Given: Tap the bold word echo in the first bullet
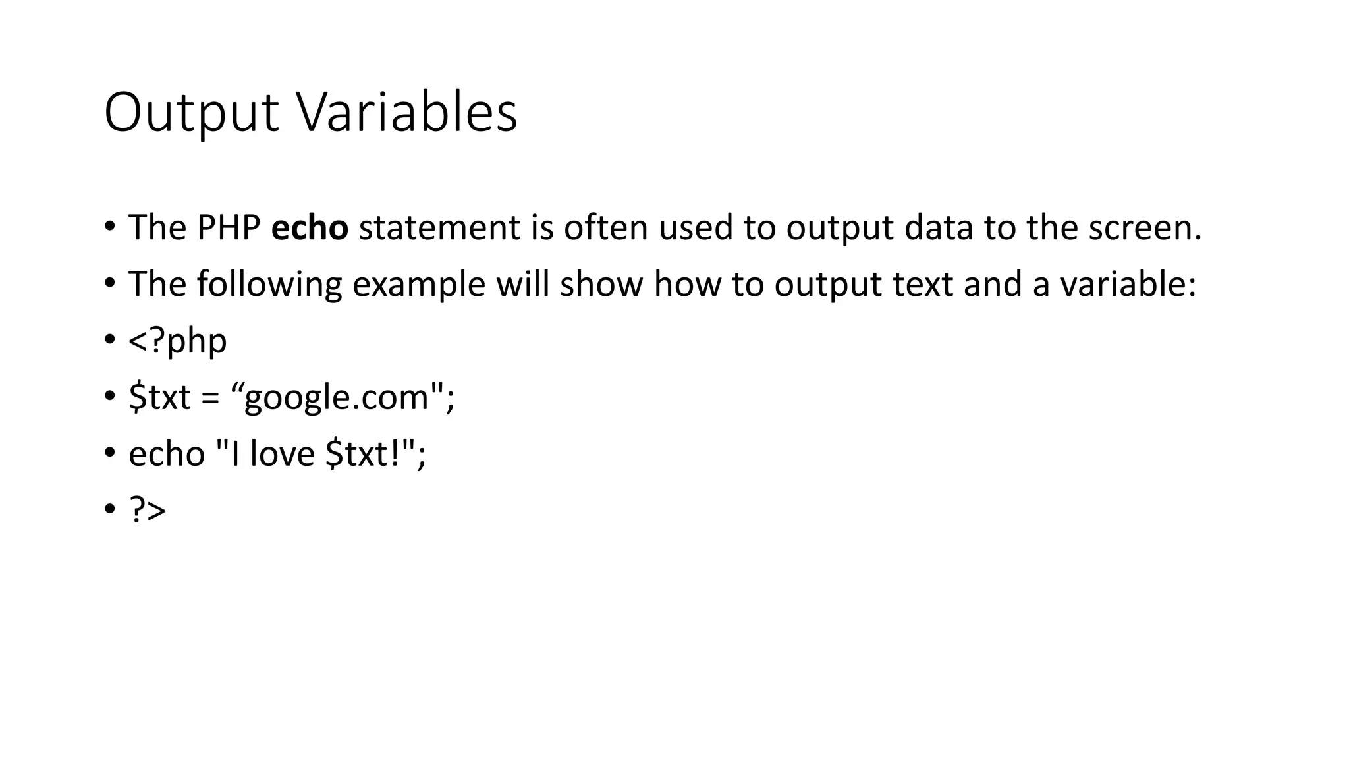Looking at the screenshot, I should pyautogui.click(x=310, y=227).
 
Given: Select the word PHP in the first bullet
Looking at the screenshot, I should pyautogui.click(x=229, y=227).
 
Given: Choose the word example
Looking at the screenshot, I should pyautogui.click(x=419, y=285).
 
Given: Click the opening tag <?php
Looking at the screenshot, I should pyautogui.click(x=178, y=341).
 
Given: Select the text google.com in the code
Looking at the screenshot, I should pyautogui.click(x=337, y=397).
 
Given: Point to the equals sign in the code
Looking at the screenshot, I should pyautogui.click(x=211, y=398).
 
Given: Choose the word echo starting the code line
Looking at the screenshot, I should pyautogui.click(x=167, y=454).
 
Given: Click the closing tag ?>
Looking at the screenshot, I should pyautogui.click(x=148, y=511).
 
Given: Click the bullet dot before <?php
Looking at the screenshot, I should pyautogui.click(x=109, y=340).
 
